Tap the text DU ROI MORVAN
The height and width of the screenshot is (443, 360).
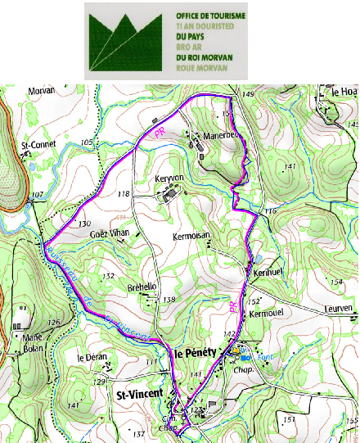point(204,57)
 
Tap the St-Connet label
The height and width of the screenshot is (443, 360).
point(36,146)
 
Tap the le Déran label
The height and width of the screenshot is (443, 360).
point(92,358)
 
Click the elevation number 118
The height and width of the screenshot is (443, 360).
point(124,194)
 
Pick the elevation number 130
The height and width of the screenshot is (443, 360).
point(83,224)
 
